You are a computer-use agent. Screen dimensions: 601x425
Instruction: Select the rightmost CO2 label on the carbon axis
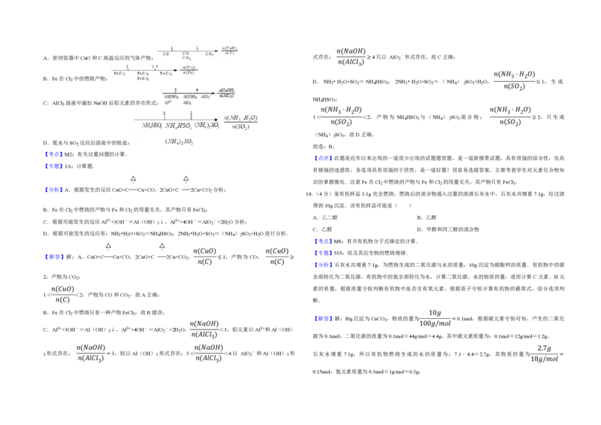[x=210, y=54]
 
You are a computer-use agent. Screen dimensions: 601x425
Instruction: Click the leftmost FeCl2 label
[x=119, y=73]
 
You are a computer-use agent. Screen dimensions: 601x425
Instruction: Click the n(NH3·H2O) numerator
[x=240, y=117]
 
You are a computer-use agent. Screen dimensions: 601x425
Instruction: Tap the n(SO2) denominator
[x=240, y=126]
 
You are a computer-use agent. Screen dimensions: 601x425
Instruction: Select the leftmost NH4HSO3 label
[x=152, y=126]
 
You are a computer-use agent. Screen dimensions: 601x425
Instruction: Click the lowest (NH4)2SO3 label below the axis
[x=180, y=141]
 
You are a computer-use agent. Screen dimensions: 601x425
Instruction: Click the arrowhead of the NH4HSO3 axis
[x=216, y=120]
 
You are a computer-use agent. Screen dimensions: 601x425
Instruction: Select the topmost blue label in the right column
[x=322, y=158]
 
